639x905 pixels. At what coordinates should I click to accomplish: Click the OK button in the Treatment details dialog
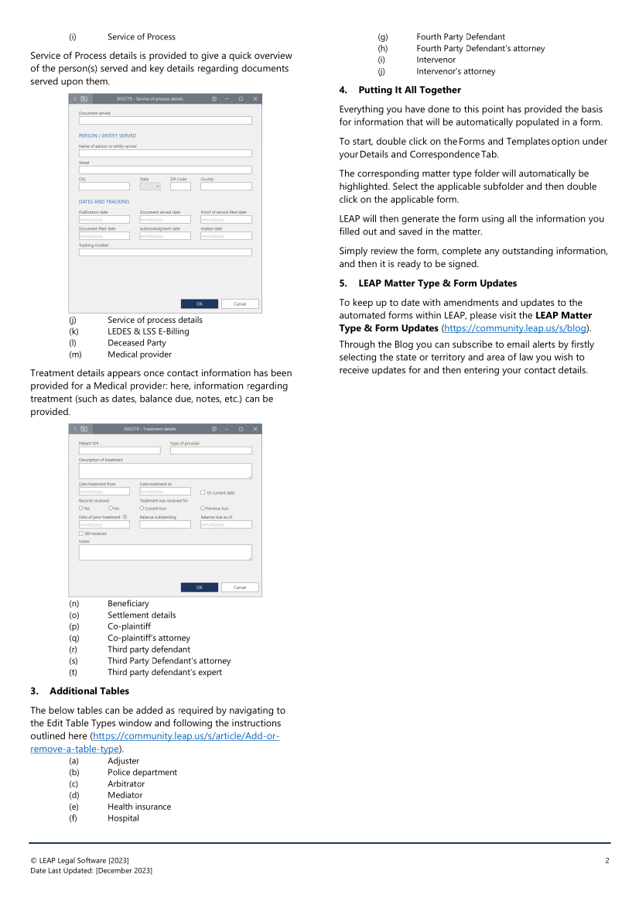(199, 588)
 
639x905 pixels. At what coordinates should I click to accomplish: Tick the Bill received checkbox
(80, 533)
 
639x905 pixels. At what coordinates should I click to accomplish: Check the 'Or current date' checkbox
(203, 492)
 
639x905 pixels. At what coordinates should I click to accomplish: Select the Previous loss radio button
(203, 509)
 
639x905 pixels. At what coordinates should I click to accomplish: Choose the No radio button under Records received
(111, 509)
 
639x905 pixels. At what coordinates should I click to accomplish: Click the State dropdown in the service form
(150, 187)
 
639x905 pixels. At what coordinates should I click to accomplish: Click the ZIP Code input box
(180, 187)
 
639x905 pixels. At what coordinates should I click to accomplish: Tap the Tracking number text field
(165, 252)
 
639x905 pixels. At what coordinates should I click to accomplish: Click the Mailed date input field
(226, 236)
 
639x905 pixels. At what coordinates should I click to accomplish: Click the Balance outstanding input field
(165, 525)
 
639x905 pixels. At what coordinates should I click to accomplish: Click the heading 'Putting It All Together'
(409, 91)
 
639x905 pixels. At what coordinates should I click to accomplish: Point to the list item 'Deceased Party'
(136, 343)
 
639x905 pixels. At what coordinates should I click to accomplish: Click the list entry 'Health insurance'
(139, 807)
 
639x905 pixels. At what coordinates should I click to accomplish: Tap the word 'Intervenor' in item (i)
(436, 60)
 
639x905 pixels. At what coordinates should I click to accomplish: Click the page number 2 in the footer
(607, 861)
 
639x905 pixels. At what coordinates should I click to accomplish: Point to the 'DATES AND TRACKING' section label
(104, 202)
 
